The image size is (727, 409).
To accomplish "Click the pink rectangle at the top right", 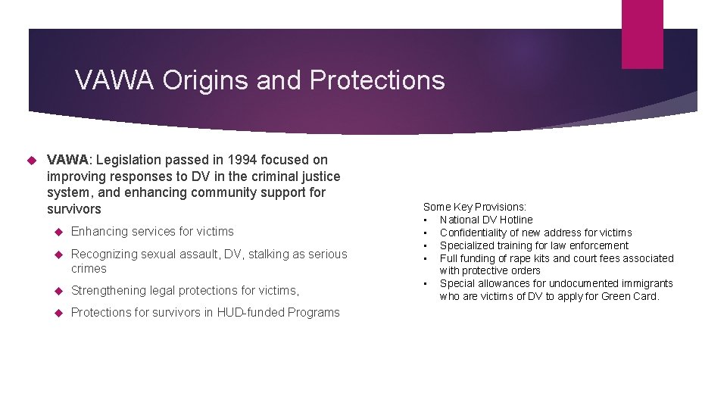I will pyautogui.click(x=642, y=34).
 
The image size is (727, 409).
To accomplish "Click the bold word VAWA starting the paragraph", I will pyautogui.click(x=68, y=160).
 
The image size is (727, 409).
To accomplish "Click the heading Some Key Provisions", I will pyautogui.click(x=475, y=207).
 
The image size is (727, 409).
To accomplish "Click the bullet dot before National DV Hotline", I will pyautogui.click(x=426, y=220).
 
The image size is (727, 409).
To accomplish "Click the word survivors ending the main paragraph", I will pyautogui.click(x=73, y=208).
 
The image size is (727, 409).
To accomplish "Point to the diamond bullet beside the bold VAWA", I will pyautogui.click(x=32, y=160).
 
